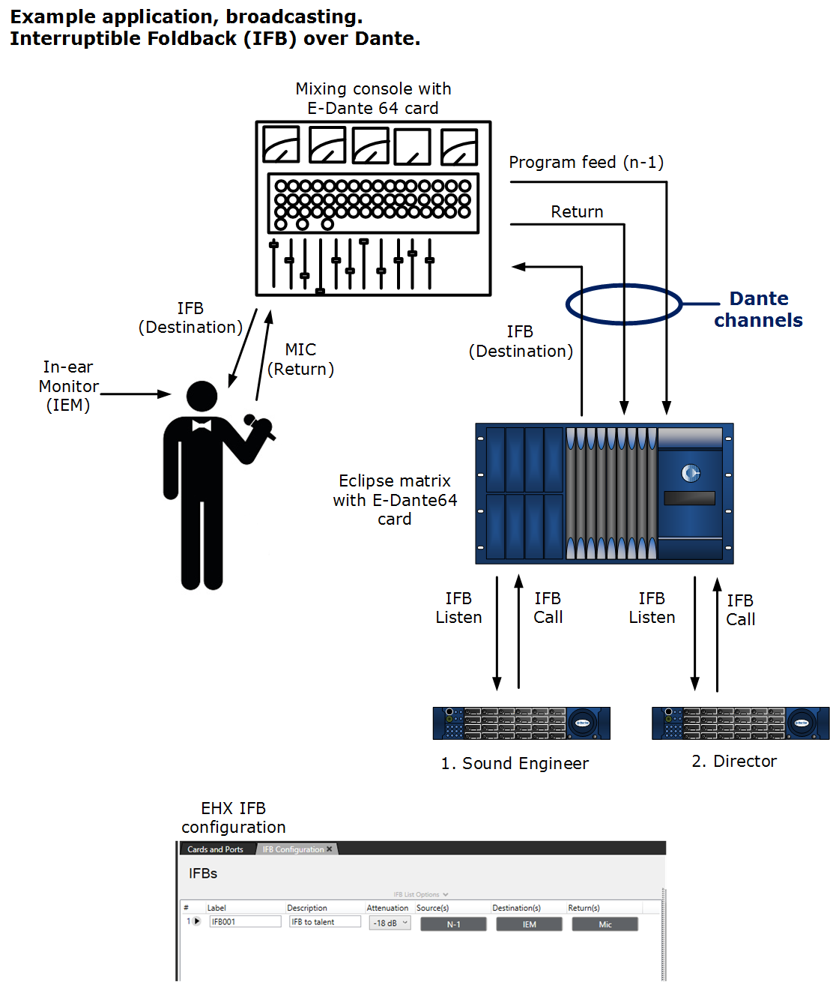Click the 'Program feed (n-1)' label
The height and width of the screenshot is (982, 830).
(x=586, y=163)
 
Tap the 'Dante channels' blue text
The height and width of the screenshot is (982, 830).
(x=758, y=310)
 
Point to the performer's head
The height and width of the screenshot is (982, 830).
(x=202, y=397)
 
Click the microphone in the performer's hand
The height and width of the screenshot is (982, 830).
(x=259, y=426)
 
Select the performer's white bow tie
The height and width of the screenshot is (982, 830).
(x=202, y=425)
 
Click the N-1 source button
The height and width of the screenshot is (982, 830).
(x=453, y=924)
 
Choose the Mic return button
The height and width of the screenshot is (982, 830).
(x=605, y=924)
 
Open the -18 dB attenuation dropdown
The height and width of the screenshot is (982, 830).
(x=390, y=923)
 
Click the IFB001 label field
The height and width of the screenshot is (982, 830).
(x=245, y=922)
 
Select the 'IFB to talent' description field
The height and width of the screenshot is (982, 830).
(x=324, y=922)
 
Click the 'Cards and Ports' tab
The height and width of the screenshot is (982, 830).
(x=216, y=849)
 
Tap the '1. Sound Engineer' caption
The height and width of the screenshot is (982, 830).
(x=515, y=763)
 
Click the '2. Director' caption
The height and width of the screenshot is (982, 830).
(x=734, y=761)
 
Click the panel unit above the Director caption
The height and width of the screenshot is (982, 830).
(x=740, y=723)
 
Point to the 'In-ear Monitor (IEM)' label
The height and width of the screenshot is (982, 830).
(x=68, y=386)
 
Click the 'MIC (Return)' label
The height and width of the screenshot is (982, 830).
(x=300, y=359)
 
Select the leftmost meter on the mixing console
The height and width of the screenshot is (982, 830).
(x=281, y=145)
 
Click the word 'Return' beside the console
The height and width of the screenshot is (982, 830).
(x=577, y=212)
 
